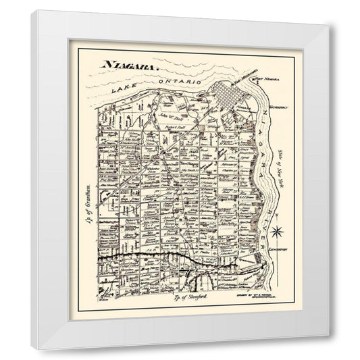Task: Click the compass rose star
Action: click(276, 232)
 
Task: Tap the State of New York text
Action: click(282, 177)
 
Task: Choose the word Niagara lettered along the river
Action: click(263, 132)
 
